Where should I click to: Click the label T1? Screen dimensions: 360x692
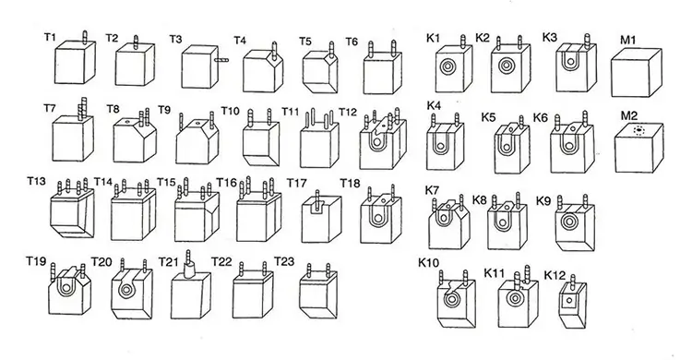51,37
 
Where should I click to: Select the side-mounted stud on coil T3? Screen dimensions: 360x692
221,56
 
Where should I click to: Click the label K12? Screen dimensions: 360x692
555,275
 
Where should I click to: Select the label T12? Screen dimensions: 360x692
347,112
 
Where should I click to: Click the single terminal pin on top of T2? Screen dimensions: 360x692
137,42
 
